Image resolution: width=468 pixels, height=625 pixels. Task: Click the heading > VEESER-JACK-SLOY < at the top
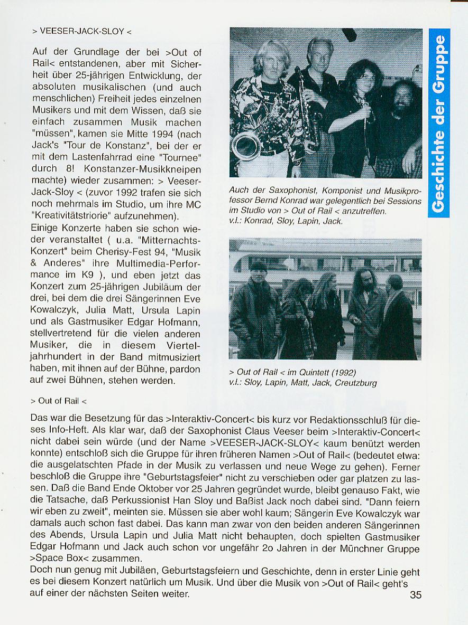click(82, 32)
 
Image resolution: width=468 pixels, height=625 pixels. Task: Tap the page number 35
click(416, 595)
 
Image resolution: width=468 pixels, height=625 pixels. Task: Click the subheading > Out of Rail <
click(58, 401)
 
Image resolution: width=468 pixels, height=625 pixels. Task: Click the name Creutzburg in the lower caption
click(356, 383)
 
